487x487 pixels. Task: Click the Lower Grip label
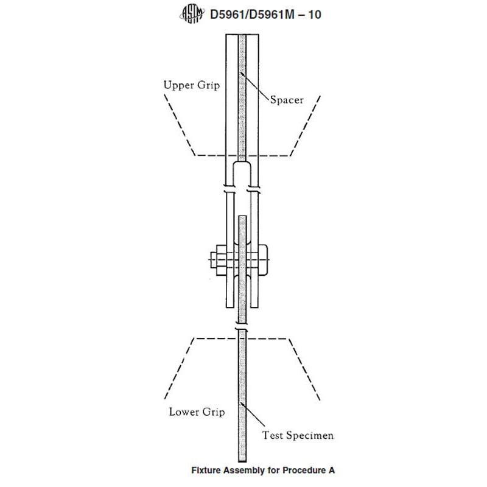(196, 412)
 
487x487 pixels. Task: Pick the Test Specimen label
(298, 435)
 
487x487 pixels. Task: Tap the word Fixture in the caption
(208, 470)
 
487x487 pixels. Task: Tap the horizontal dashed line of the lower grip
(243, 337)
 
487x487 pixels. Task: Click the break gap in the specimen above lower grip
(243, 328)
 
